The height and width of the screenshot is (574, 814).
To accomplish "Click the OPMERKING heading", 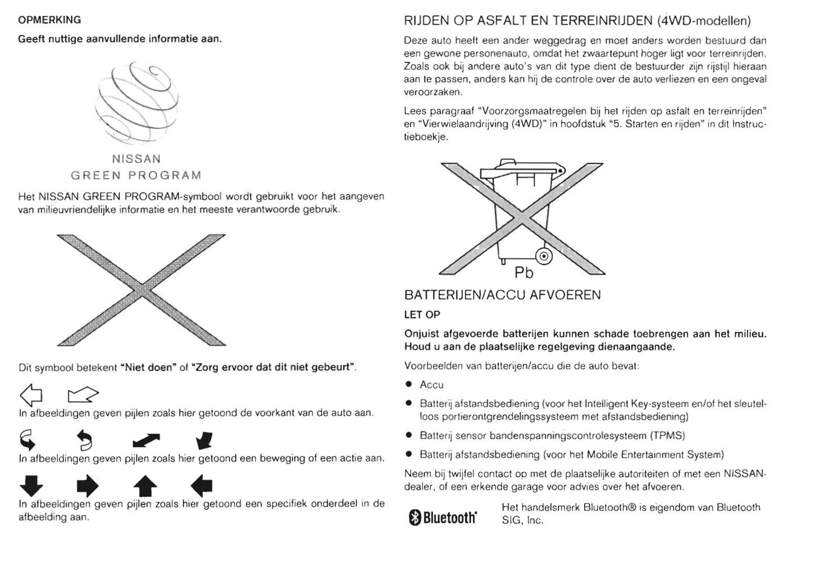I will [x=50, y=20].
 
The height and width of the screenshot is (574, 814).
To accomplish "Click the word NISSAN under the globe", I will [x=136, y=159].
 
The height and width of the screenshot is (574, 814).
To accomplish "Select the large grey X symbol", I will [x=141, y=290].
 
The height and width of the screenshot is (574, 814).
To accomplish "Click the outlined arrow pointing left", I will [x=31, y=394].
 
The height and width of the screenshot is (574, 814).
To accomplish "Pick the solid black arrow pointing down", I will [x=31, y=486].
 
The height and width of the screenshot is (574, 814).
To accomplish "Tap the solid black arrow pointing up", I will [x=145, y=486].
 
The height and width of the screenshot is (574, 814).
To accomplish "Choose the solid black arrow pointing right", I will [x=87, y=486].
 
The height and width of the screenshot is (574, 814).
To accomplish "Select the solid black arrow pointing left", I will [x=202, y=485].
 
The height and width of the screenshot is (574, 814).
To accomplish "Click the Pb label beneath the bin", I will [x=524, y=273].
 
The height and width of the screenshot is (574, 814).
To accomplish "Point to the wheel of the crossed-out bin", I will [x=544, y=256].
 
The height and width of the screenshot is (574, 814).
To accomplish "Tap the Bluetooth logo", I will [x=443, y=517].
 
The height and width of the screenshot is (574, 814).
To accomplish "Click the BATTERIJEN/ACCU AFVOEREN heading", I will [x=502, y=295].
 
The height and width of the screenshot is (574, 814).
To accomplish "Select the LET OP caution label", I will [x=422, y=315].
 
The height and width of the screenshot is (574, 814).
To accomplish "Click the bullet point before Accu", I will [x=409, y=385].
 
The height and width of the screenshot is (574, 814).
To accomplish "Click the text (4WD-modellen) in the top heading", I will [x=704, y=21].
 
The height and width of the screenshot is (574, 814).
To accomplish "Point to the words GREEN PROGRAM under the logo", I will [x=136, y=175].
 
